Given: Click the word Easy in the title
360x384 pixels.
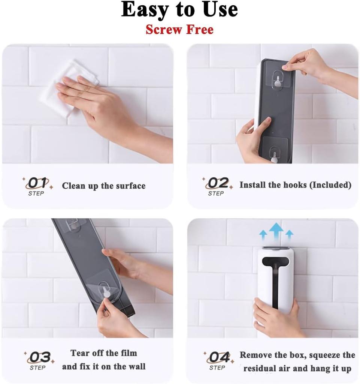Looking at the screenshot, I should (x=144, y=10).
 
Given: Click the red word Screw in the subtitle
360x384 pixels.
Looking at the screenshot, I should (x=162, y=29).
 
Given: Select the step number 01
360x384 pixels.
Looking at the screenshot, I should (x=38, y=183).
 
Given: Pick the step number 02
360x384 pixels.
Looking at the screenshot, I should (x=218, y=183).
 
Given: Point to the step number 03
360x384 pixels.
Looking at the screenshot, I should (x=40, y=357).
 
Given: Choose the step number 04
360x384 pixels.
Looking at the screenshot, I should (x=219, y=357).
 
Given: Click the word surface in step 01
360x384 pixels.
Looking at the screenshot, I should (x=127, y=186).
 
